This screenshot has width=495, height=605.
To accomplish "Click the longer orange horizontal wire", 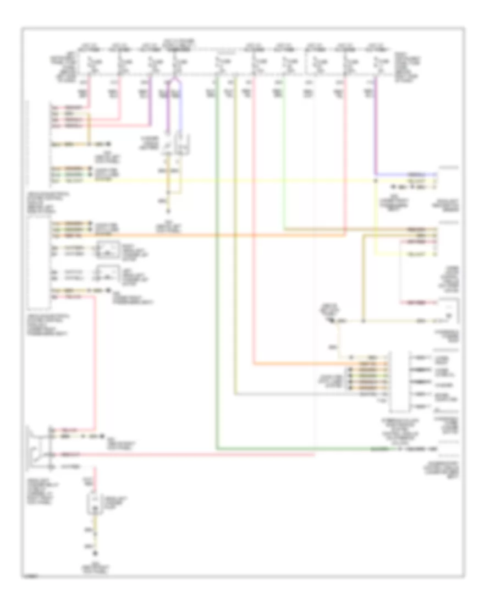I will [x=220, y=234].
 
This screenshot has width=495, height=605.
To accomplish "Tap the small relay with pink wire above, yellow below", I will [x=95, y=503].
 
